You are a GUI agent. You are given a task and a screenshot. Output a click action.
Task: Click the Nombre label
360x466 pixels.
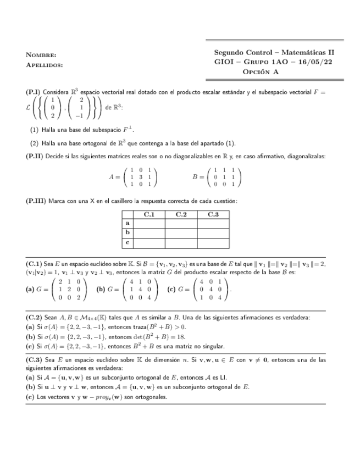[x=41, y=55]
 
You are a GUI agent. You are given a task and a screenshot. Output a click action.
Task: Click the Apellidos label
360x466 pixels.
[x=45, y=65]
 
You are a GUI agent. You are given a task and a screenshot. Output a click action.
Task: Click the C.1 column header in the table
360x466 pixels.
[x=149, y=214]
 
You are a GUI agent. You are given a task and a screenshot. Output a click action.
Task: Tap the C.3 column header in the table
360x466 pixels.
[x=213, y=214]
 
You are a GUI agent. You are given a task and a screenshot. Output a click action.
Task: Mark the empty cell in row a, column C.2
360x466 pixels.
[x=181, y=223]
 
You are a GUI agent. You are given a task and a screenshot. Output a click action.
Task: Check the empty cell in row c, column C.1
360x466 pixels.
[x=149, y=241]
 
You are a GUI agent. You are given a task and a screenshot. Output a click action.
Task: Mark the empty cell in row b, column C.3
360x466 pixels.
[x=213, y=232]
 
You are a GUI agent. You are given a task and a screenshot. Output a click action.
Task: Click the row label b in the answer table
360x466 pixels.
[x=128, y=232]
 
